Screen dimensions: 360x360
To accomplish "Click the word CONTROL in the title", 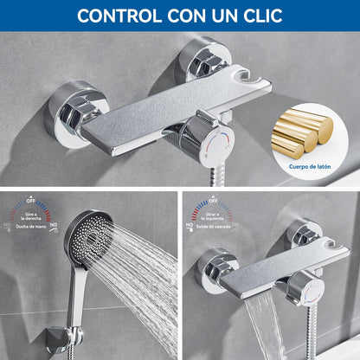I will click(119, 15).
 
